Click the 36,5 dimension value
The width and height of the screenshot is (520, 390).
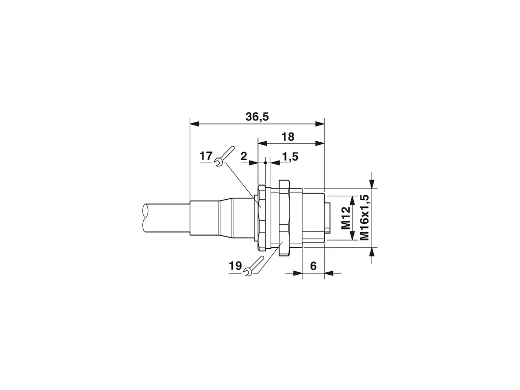tap(257, 117)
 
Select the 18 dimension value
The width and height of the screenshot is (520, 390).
tap(288, 137)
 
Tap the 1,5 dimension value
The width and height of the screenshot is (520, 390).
tap(290, 156)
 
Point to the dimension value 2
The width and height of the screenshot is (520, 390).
tap(244, 156)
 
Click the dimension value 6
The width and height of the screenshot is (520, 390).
tap(313, 266)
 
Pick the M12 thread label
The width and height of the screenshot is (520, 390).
tap(346, 218)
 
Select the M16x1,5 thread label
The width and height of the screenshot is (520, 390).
tap(365, 217)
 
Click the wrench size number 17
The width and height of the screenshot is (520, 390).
tap(206, 155)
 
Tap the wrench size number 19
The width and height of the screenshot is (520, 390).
tap(235, 266)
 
